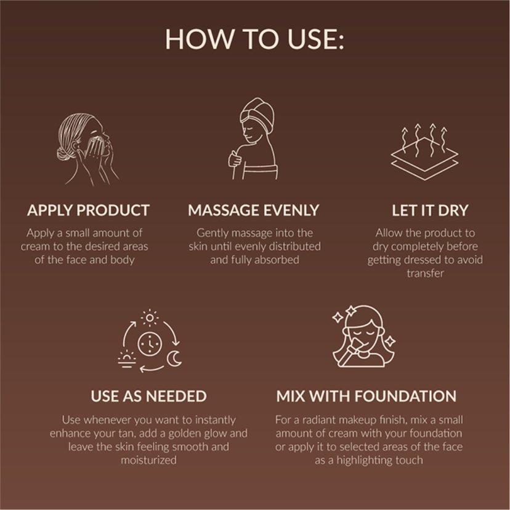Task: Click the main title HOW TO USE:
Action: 254,39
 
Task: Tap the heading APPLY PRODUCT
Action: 89,210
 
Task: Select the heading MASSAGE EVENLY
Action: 254,210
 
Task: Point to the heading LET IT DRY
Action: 430,210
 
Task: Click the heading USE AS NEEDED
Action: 148,396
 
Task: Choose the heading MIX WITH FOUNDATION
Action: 366,396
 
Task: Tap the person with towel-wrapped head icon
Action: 254,139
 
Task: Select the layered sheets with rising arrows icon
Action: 424,152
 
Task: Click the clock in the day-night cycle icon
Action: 150,344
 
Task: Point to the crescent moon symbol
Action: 174,358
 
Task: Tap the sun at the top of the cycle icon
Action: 150,318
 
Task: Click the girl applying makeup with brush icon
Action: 364,336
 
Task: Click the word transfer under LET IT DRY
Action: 425,273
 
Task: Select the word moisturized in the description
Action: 148,460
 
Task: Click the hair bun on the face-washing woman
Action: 63,153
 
